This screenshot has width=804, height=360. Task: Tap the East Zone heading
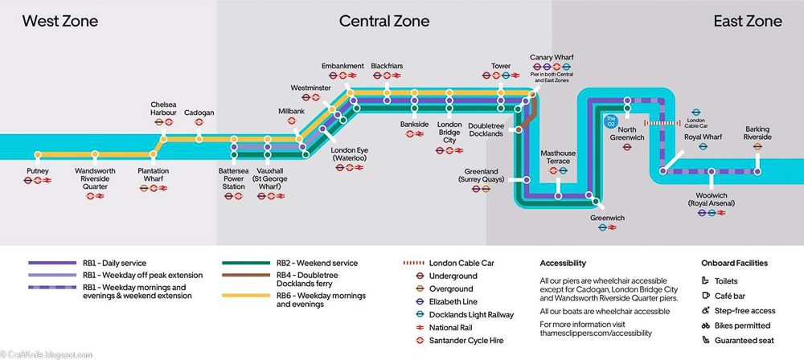click(x=747, y=22)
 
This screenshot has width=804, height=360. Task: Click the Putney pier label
click(x=38, y=171)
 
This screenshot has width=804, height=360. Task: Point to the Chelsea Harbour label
click(x=163, y=109)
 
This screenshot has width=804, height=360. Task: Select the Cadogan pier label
click(x=199, y=113)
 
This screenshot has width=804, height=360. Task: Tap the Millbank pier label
click(x=291, y=111)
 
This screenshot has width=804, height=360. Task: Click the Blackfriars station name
click(x=387, y=66)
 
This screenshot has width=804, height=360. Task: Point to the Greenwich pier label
click(x=607, y=219)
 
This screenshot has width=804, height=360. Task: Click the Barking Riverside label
click(x=757, y=133)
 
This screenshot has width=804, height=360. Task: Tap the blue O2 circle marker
click(x=610, y=123)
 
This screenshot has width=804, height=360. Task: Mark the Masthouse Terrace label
click(x=558, y=157)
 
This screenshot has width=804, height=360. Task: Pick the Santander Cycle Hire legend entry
click(x=466, y=341)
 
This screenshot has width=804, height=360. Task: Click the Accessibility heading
click(x=563, y=263)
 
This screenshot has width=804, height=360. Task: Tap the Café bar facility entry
click(x=729, y=297)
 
